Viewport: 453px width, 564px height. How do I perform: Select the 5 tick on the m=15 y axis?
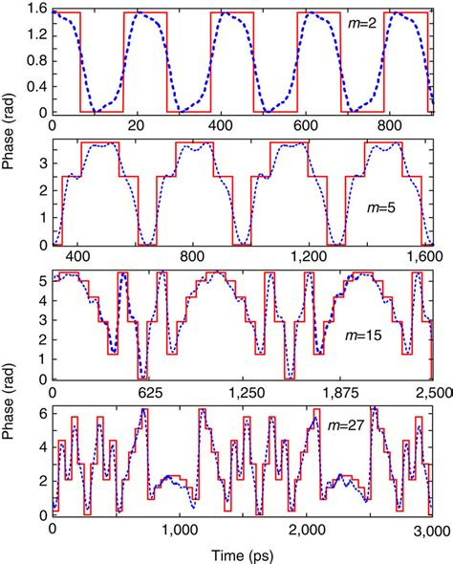tap(42, 283)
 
